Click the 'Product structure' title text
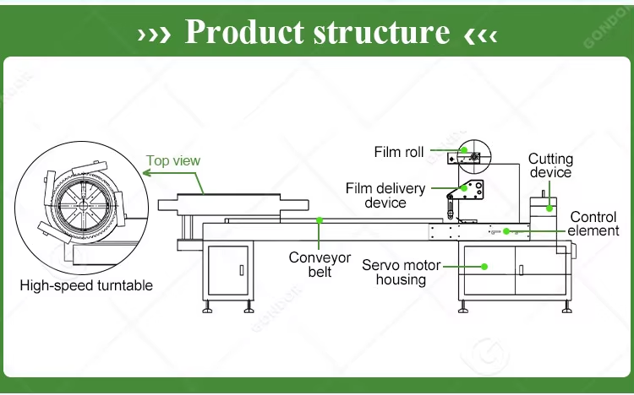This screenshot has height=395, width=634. tap(317, 31)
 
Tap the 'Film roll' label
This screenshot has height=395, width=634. tap(399, 152)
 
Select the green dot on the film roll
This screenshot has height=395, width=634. tap(464, 150)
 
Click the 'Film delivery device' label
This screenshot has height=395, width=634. tap(385, 196)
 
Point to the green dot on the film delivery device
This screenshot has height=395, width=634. tap(464, 188)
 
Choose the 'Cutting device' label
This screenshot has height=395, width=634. tap(550, 165)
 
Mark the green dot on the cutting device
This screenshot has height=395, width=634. tap(549, 208)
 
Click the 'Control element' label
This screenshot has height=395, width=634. tap(593, 224)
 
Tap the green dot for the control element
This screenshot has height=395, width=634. tap(506, 231)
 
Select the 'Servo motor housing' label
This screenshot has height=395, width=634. tap(401, 273)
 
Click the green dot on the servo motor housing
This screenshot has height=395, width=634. tap(484, 267)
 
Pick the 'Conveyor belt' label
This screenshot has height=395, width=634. tap(320, 264)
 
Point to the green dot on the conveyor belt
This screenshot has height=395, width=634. tap(320, 220)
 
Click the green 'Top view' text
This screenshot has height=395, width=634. tap(173, 160)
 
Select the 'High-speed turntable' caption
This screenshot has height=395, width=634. tap(86, 285)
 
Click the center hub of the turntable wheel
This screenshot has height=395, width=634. tap(84, 206)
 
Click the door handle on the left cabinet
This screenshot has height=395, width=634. tap(242, 270)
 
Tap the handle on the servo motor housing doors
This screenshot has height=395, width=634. tap(521, 270)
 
